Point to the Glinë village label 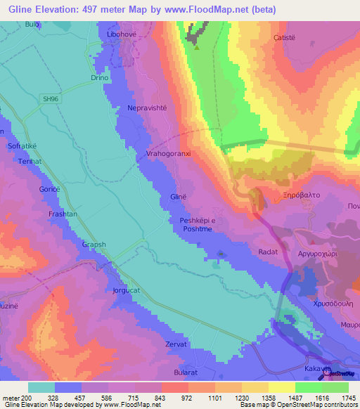(179, 197)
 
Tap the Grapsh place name (94, 245)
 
